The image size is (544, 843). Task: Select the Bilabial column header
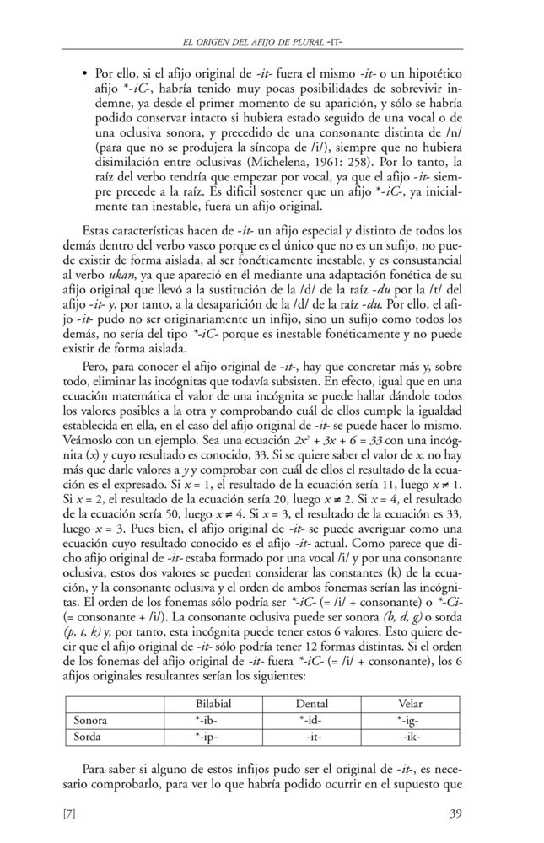(x=213, y=703)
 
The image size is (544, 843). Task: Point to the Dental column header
(x=312, y=703)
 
